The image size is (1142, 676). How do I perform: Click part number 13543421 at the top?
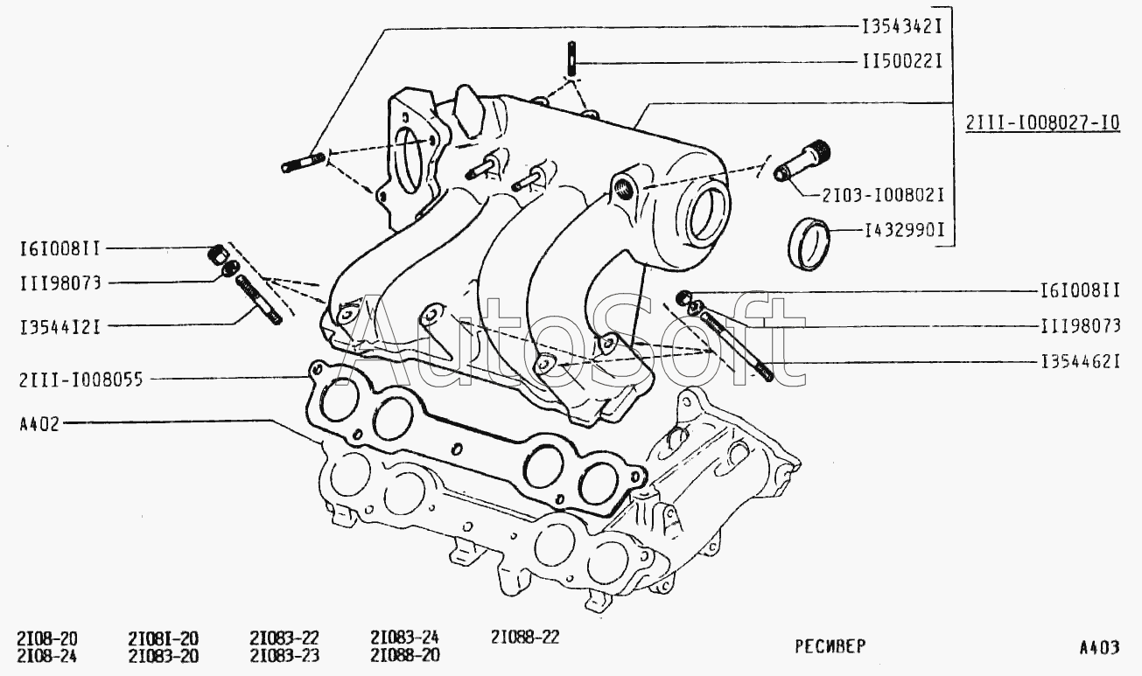(901, 27)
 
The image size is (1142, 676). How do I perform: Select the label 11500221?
(901, 63)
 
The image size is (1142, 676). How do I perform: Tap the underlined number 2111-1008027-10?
(1042, 123)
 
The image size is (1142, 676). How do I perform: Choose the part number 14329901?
(907, 232)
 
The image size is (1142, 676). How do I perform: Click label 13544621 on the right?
(1080, 360)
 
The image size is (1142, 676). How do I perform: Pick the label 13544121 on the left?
(59, 327)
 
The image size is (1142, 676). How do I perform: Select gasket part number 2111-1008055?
(80, 379)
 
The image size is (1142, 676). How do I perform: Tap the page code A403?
(1098, 648)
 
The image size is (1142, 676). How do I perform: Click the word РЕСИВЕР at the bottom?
(830, 647)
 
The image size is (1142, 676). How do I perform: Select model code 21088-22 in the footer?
(524, 638)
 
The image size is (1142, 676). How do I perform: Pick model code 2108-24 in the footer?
(47, 655)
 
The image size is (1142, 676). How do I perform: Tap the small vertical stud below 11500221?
(570, 60)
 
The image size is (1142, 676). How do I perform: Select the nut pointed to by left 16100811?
(214, 255)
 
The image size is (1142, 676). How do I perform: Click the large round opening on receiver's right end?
(707, 213)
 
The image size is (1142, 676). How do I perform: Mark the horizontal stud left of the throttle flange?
(304, 163)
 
